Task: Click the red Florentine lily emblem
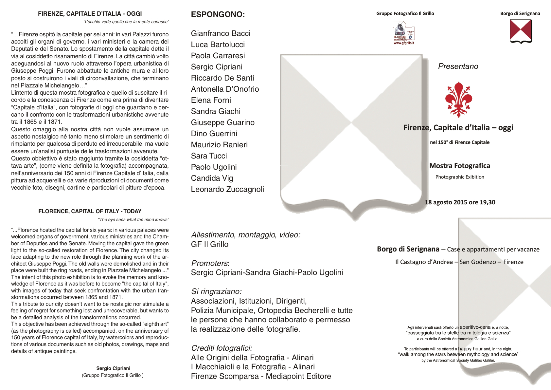pos(458,100)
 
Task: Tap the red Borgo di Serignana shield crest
pos(521,31)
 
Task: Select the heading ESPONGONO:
pos(218,14)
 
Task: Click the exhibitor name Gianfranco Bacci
pos(221,33)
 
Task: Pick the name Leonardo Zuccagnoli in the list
pos(227,189)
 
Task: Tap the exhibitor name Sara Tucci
pos(209,156)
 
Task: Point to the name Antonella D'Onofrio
pos(225,89)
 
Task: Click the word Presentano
pos(458,66)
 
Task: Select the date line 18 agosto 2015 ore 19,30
pos(460,202)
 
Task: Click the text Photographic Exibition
pos(459,177)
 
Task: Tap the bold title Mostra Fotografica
pos(459,166)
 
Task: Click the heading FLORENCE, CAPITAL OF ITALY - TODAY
pos(90,211)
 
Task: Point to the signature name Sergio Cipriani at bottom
pos(113,368)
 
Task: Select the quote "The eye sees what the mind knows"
pos(133,219)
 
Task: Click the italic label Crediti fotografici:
pos(222,348)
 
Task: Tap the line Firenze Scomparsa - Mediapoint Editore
pos(261,376)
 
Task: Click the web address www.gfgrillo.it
pos(404,43)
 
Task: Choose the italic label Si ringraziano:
pos(216,291)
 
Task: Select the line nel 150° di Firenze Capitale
pos(459,142)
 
